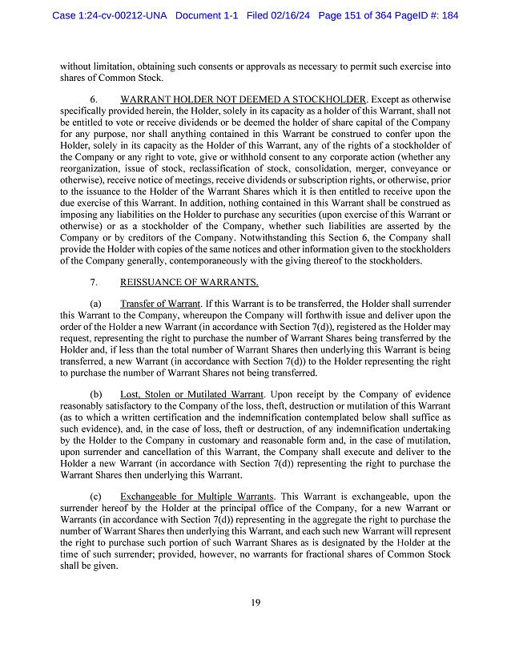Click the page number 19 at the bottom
pyautogui.click(x=254, y=603)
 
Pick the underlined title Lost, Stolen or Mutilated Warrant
pyautogui.click(x=191, y=395)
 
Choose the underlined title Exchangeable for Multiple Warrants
pyautogui.click(x=197, y=497)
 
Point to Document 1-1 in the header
pyautogui.click(x=207, y=15)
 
